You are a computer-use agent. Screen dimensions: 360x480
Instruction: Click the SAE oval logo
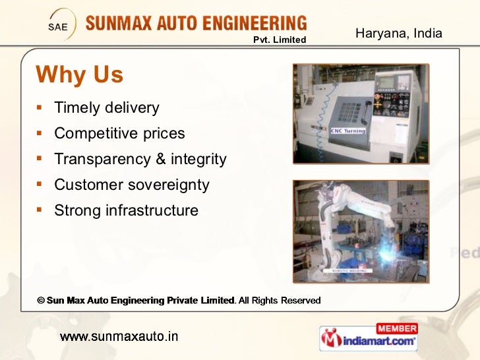(59, 27)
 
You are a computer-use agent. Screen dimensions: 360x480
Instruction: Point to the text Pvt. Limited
(280, 40)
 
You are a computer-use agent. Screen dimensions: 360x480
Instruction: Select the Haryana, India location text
(398, 33)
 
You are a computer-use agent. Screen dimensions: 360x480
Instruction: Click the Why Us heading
(79, 75)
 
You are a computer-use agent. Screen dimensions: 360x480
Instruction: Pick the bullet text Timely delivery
(107, 107)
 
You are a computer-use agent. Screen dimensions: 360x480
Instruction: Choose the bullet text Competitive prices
(119, 133)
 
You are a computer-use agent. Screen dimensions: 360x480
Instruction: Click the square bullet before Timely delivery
(40, 107)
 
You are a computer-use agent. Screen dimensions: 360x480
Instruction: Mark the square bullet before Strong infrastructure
(40, 210)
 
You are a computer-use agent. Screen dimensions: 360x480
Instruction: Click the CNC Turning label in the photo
(348, 131)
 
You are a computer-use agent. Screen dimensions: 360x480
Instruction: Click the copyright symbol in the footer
(40, 301)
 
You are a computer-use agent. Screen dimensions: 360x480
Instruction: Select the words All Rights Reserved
(280, 301)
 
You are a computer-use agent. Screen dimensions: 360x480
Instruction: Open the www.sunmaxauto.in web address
(119, 336)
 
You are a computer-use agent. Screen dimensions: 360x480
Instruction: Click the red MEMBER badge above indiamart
(396, 328)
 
